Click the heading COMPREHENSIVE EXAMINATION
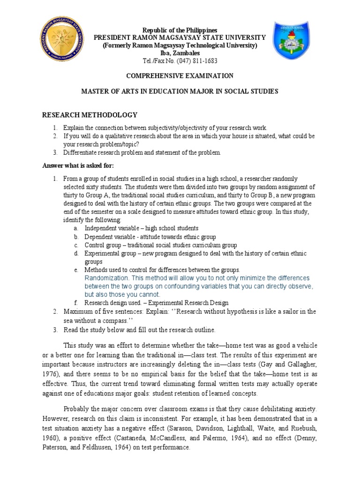[x=180, y=75]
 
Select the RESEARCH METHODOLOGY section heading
[x=90, y=115]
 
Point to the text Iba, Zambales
[x=180, y=53]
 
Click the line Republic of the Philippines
[x=180, y=30]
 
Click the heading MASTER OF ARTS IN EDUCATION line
[x=180, y=91]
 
